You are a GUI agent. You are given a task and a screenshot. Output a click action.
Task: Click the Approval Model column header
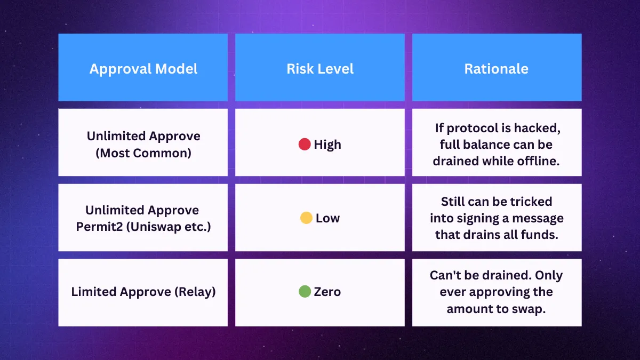(x=143, y=69)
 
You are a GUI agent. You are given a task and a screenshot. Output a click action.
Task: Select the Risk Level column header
(x=320, y=69)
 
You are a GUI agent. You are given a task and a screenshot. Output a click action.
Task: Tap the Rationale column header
(x=497, y=69)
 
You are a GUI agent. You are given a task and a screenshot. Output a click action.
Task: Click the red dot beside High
(x=305, y=145)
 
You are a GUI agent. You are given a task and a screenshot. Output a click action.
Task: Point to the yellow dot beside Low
(x=306, y=218)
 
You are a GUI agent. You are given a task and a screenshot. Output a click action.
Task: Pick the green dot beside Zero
(x=305, y=291)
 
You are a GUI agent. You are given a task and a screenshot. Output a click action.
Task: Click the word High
(x=327, y=145)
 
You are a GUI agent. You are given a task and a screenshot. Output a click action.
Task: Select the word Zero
(x=327, y=292)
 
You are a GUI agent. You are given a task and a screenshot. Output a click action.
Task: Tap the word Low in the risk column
(x=327, y=218)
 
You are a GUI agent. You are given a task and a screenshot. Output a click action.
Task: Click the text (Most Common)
(x=143, y=153)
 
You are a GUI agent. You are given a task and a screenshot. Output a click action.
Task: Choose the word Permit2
(x=99, y=227)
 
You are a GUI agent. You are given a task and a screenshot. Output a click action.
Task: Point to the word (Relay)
(x=195, y=292)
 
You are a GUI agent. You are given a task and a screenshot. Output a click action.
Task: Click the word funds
(x=540, y=235)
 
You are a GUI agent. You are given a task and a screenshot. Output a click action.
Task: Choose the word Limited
(x=94, y=292)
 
